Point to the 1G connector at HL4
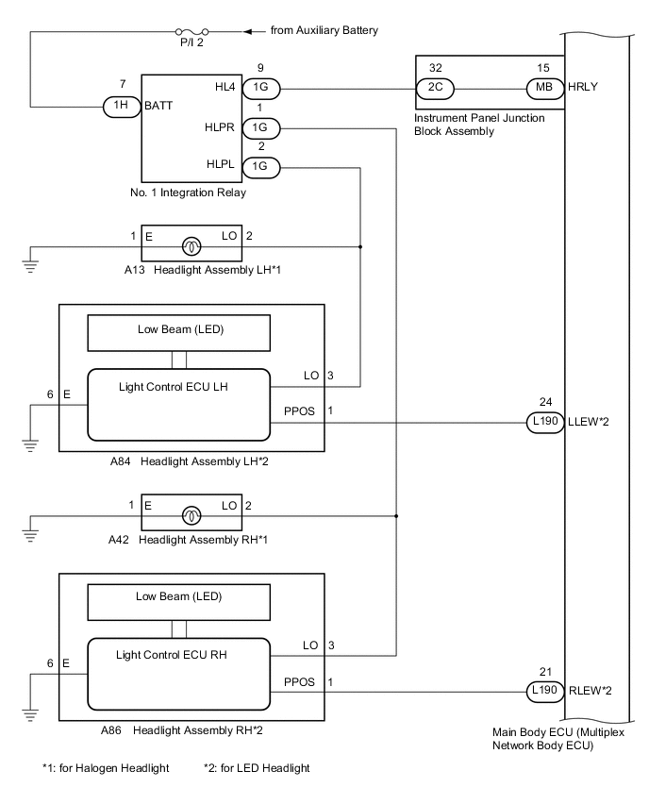(258, 89)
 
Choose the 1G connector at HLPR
(258, 127)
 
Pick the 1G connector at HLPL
(258, 166)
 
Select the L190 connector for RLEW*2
(543, 689)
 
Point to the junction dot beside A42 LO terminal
(397, 516)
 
